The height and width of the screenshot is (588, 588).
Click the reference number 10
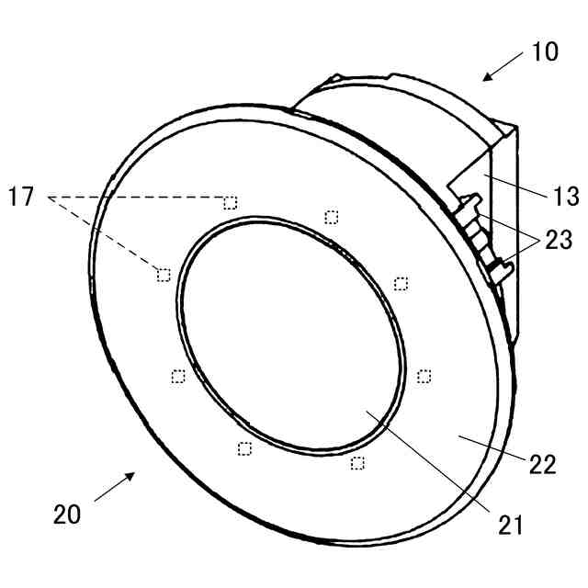545,51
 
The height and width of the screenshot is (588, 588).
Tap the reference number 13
566,196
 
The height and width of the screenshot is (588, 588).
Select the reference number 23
559,239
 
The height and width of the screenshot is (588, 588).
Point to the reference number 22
542,464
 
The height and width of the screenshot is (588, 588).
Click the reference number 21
511,525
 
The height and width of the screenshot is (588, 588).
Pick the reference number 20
67,514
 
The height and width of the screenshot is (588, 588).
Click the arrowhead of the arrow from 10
487,76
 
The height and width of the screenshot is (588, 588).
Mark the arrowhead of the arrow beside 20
130,477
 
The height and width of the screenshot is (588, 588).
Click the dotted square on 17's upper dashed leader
231,203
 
